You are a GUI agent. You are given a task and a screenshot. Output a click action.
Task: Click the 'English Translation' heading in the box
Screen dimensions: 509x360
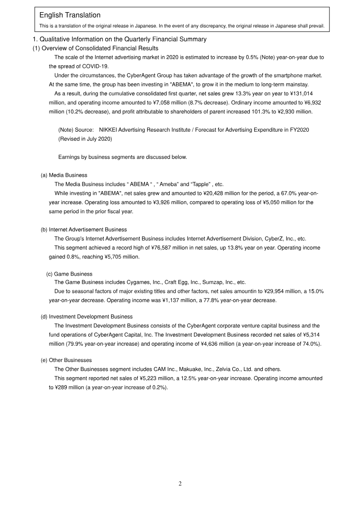coord(70,16)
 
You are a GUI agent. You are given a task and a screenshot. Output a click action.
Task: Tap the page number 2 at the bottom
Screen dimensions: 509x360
coord(180,484)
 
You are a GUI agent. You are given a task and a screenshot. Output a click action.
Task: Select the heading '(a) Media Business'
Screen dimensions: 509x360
coord(64,175)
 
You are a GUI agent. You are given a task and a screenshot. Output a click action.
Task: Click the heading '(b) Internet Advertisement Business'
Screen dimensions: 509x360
coord(84,230)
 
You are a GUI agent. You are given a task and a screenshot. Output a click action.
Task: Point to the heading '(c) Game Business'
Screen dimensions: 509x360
coord(69,274)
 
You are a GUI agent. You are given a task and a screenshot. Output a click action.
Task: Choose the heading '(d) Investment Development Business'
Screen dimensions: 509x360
coord(86,317)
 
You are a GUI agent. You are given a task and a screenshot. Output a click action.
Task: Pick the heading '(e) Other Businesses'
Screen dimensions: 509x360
coord(66,360)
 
